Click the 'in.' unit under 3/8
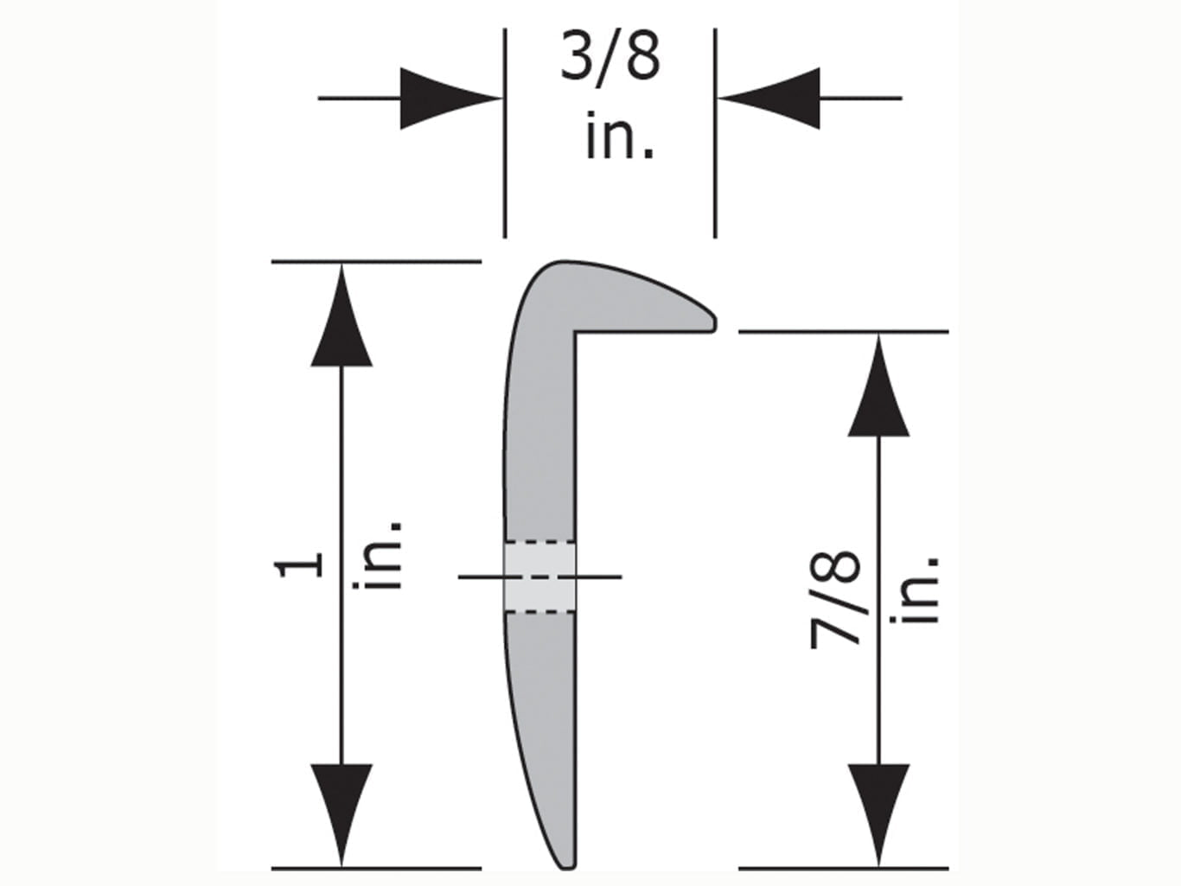[x=619, y=136]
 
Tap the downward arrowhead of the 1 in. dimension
[x=342, y=813]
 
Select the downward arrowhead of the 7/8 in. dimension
[x=878, y=813]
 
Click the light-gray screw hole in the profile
[x=539, y=577]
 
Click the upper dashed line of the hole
[x=539, y=543]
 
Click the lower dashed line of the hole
[x=539, y=612]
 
